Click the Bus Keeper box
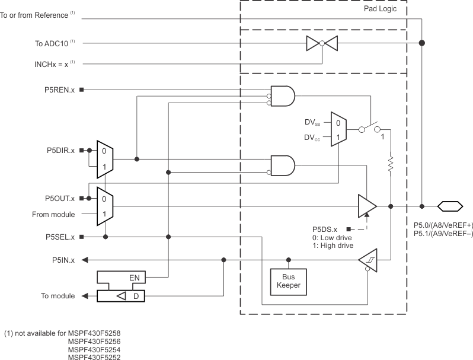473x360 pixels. point(289,280)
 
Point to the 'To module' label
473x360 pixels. point(57,296)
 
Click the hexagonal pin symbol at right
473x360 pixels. point(450,206)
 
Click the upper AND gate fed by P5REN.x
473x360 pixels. point(282,95)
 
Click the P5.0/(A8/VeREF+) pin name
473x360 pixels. point(443,225)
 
